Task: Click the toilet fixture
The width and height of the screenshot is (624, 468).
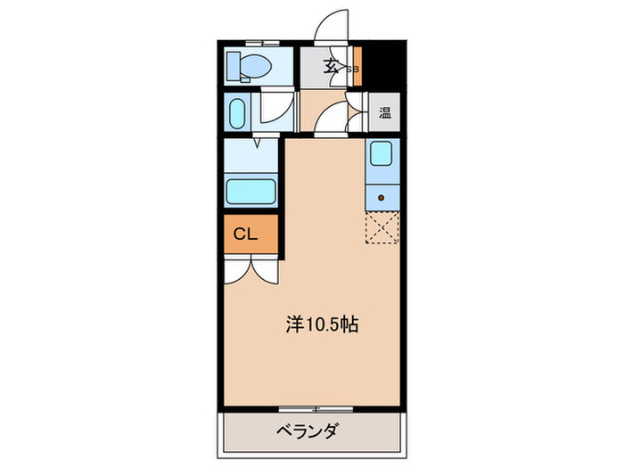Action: click(250, 65)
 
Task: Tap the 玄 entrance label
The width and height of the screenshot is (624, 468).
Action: click(331, 65)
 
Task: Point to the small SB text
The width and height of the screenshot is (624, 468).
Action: click(351, 69)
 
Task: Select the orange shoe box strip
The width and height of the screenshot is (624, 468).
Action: click(357, 67)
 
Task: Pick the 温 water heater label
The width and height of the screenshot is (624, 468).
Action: click(385, 112)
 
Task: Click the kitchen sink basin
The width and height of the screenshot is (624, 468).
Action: click(382, 155)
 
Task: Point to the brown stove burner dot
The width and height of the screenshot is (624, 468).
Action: click(382, 197)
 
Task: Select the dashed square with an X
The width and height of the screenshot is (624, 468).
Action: click(382, 227)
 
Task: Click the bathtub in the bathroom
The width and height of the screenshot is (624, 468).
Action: click(252, 190)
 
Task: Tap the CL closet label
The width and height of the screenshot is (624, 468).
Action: click(245, 234)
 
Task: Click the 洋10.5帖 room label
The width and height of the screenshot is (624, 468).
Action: click(322, 325)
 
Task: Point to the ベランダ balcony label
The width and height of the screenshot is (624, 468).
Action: click(308, 433)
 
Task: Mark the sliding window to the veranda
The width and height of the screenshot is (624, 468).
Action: click(316, 409)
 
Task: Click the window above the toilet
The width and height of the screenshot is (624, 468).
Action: click(261, 42)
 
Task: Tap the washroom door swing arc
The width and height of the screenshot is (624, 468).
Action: click(273, 110)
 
